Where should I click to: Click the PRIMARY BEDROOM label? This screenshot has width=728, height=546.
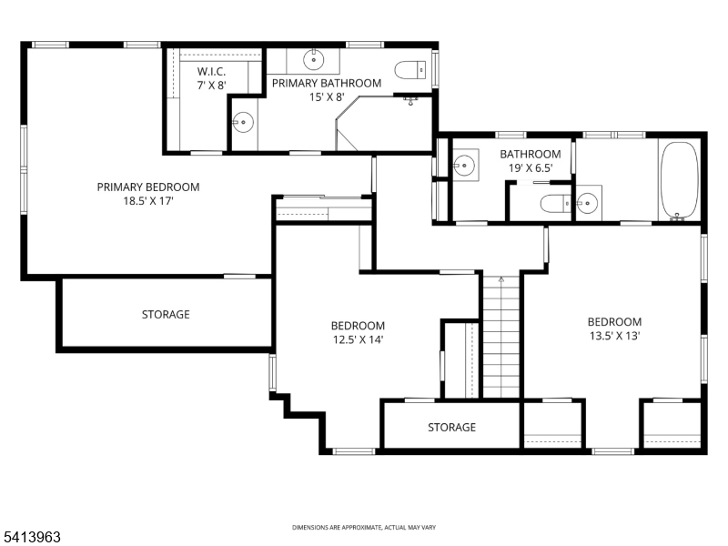pyautogui.click(x=148, y=187)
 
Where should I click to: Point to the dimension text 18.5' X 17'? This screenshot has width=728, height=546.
pyautogui.click(x=148, y=201)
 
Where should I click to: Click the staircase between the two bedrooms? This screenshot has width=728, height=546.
pyautogui.click(x=500, y=337)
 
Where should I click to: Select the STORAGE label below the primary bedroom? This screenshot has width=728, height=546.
pyautogui.click(x=166, y=315)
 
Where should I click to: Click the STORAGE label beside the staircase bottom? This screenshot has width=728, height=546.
pyautogui.click(x=451, y=428)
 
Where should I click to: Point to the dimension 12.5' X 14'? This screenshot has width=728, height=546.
pyautogui.click(x=358, y=340)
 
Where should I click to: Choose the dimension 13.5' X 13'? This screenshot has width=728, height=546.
pyautogui.click(x=614, y=337)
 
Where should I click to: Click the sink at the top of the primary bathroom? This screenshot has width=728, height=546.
pyautogui.click(x=314, y=61)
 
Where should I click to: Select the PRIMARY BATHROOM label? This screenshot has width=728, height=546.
pyautogui.click(x=327, y=84)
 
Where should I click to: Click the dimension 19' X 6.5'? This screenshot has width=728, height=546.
pyautogui.click(x=531, y=168)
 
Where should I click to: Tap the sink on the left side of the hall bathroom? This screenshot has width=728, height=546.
pyautogui.click(x=464, y=166)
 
